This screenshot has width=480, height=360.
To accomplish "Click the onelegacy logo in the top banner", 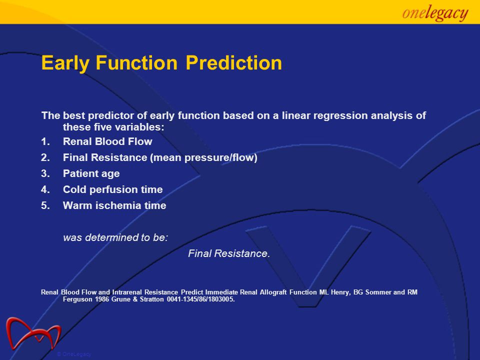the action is (435, 13).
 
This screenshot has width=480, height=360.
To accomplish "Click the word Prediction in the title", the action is (234, 63).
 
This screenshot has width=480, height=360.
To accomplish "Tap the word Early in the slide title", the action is (65, 63).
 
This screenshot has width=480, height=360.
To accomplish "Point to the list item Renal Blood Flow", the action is (107, 141).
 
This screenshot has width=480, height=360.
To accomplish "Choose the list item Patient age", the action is (91, 174).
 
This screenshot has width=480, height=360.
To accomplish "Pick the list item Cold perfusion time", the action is (112, 190).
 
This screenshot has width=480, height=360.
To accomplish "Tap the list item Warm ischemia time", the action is (114, 205).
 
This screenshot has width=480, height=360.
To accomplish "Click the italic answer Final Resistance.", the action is (229, 253).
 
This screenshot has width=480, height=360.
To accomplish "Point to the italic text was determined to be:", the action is (115, 237).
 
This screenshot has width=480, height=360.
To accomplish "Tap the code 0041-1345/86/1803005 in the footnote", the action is (200, 299).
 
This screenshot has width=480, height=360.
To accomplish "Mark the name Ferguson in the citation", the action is (78, 299).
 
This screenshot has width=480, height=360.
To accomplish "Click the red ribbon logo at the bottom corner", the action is (33, 333).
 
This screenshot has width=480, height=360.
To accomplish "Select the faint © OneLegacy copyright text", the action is (74, 354).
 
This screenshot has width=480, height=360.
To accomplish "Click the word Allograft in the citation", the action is (273, 292).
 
